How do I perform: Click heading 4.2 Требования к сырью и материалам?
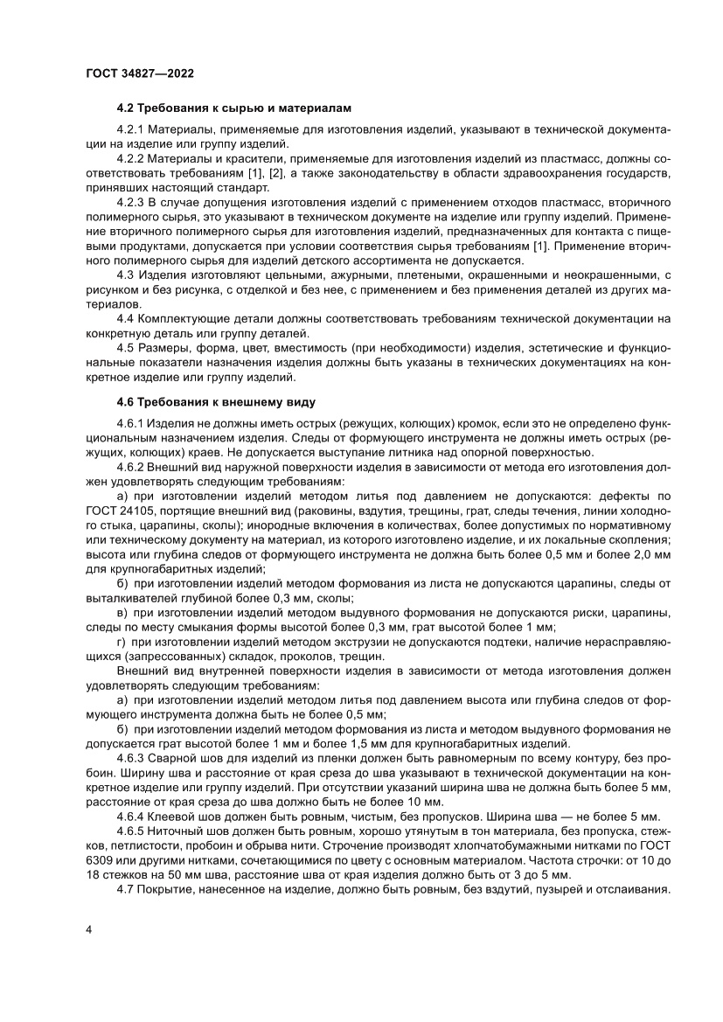coord(233,108)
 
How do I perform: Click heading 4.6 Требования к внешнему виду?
coord(216,402)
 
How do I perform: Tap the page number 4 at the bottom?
coord(88,928)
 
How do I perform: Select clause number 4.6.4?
coord(130,815)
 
